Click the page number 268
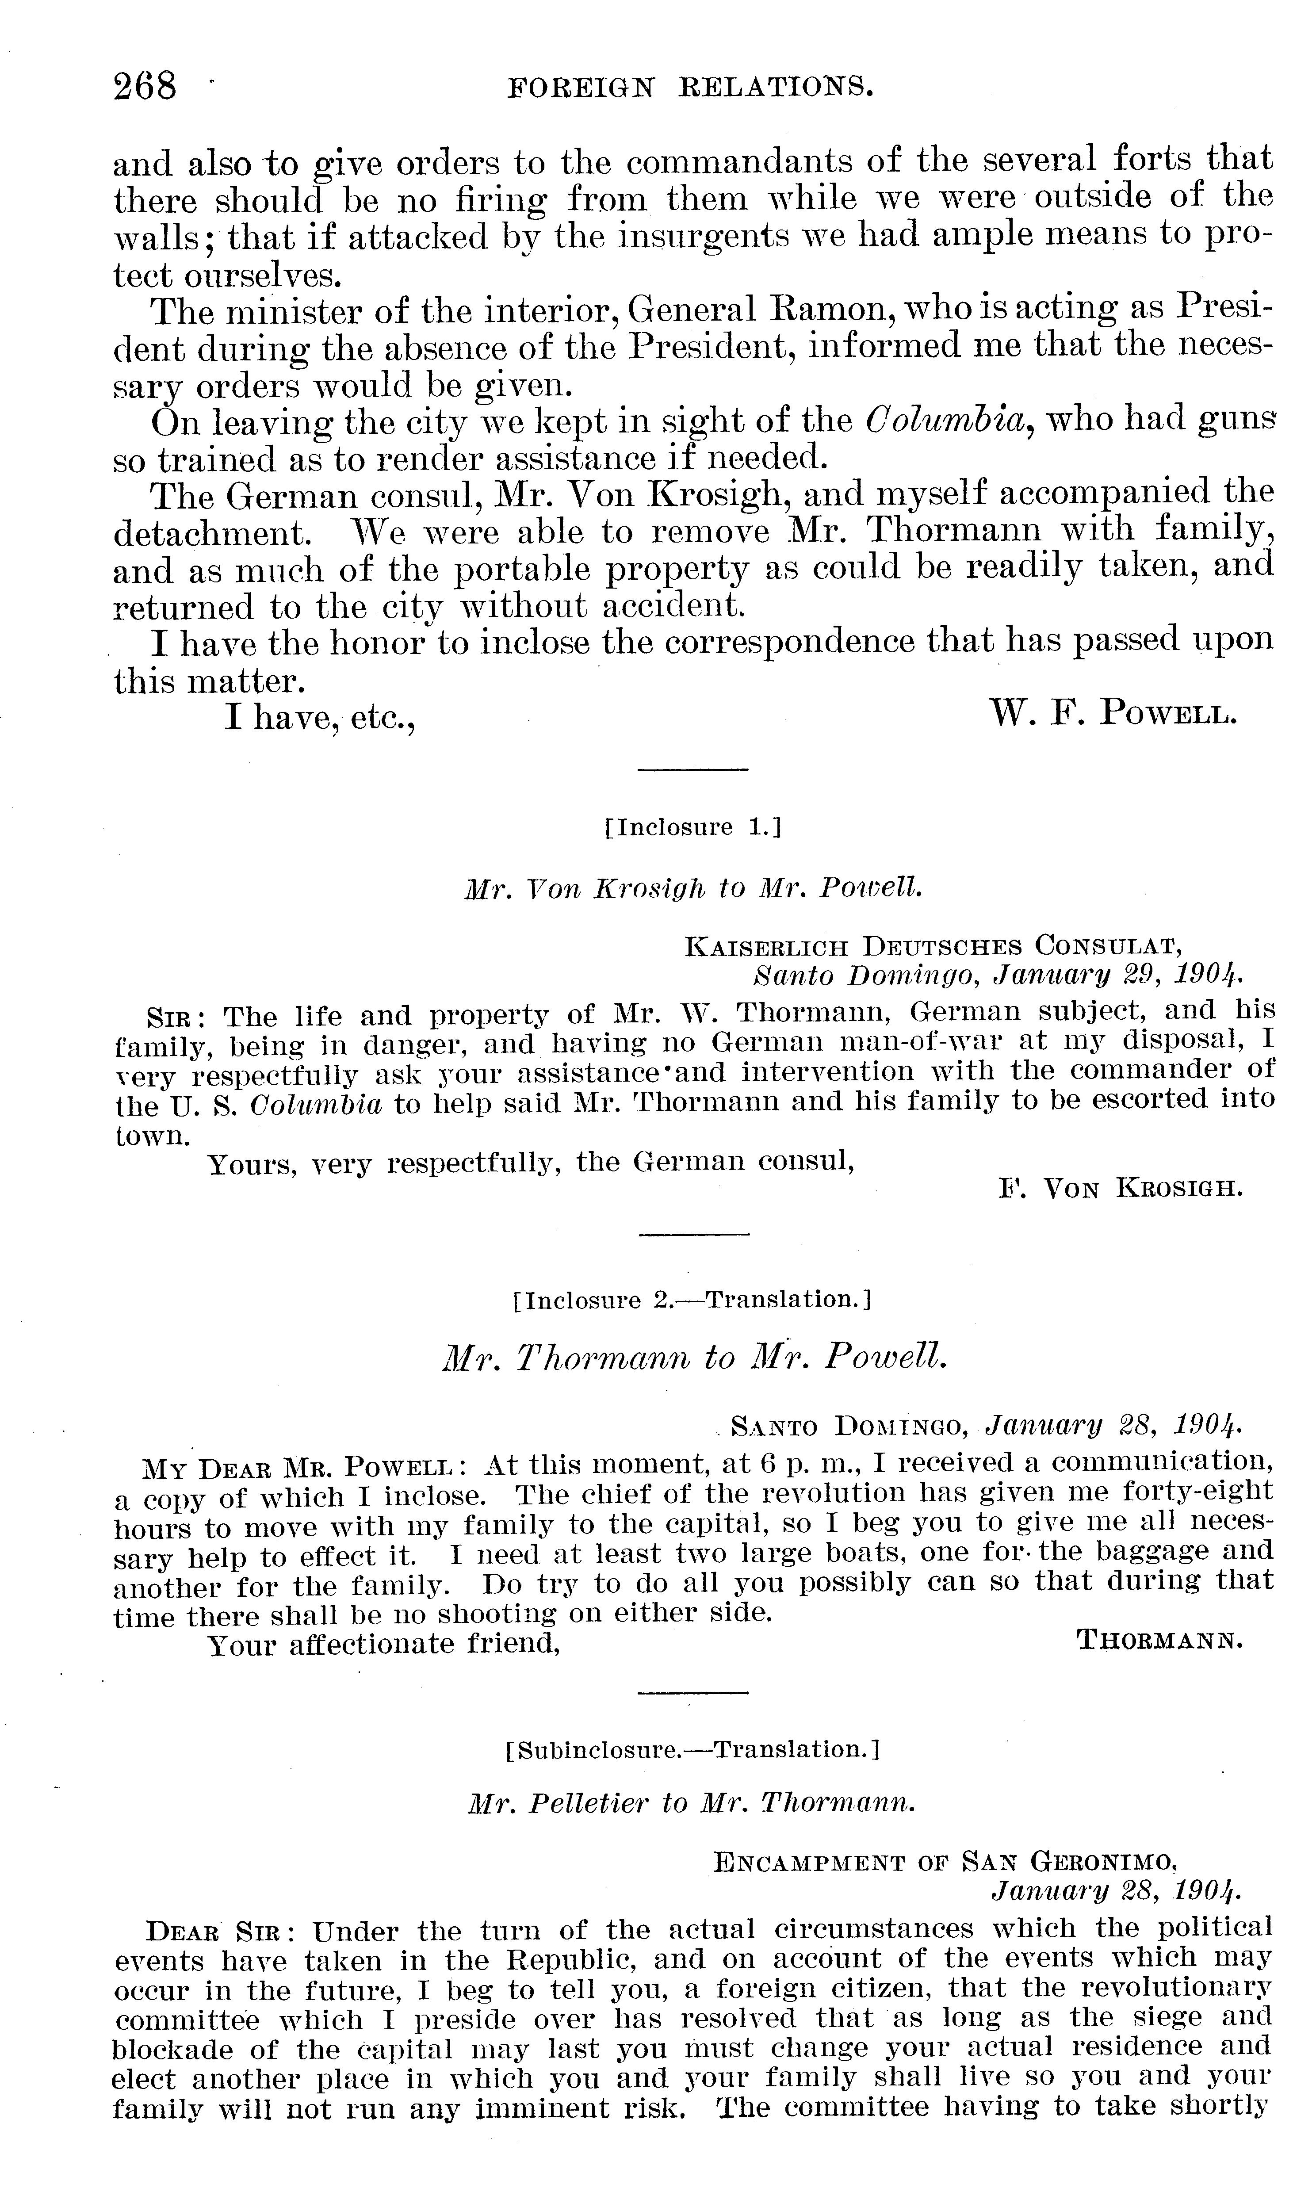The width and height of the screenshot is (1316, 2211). (x=146, y=86)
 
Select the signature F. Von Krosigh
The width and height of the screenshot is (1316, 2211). (x=1120, y=1188)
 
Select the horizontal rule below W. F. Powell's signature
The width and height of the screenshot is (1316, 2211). (x=692, y=769)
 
